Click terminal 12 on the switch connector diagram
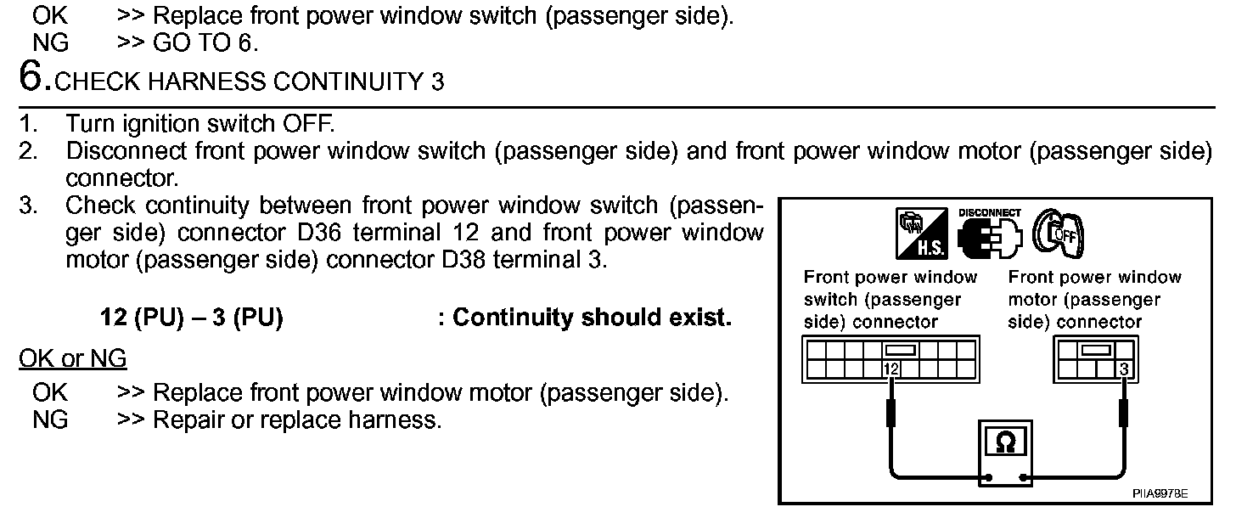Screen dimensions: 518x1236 [x=890, y=369]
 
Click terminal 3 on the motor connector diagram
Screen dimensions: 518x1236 [x=1125, y=369]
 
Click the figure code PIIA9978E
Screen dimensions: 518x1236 [x=1159, y=493]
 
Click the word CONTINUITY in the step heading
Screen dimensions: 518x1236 [x=327, y=82]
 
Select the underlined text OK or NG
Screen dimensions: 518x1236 [x=72, y=359]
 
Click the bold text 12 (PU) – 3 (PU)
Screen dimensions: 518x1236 [x=191, y=318]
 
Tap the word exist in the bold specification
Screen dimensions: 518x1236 [x=701, y=318]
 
